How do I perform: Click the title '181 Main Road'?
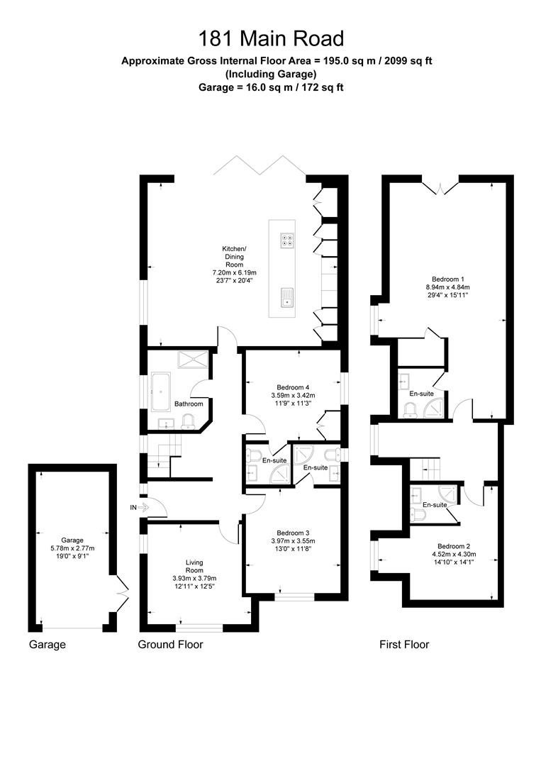[271, 38]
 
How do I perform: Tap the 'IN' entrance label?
[133, 508]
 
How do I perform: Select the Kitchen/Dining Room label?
[235, 257]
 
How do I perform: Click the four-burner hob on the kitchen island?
[286, 240]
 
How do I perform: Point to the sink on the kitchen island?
[286, 297]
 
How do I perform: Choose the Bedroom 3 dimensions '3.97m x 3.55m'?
[293, 540]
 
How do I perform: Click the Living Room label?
[194, 566]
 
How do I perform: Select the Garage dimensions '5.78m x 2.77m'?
[72, 548]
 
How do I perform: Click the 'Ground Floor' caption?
[170, 644]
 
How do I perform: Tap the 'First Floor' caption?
[404, 644]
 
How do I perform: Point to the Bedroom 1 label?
[447, 279]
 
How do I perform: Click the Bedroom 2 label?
[454, 546]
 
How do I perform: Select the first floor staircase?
[424, 469]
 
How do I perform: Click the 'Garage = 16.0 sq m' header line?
[271, 87]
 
